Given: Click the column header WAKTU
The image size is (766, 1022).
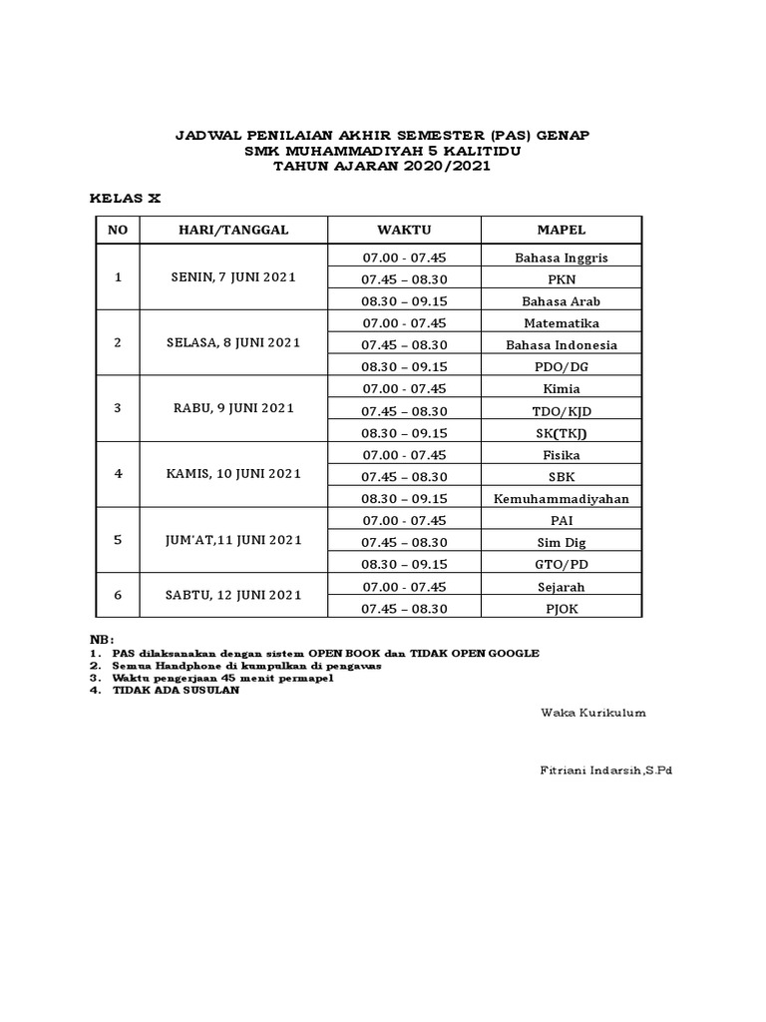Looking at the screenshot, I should point(404,230).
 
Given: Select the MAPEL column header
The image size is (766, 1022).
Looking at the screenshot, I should point(561,230).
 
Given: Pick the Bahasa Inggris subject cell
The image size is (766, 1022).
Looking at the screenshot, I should point(561,257).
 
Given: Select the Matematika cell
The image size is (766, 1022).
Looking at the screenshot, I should point(561,323).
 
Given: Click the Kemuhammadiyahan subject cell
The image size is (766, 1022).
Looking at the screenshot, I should point(561,499).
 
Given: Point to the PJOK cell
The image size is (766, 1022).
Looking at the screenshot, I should point(561,609).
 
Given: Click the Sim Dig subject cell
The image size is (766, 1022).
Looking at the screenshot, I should point(561,543).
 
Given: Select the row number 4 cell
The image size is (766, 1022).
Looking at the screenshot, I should point(118,475).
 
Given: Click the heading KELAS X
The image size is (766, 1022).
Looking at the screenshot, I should point(125,199).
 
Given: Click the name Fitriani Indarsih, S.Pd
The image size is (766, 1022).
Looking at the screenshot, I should point(606,770).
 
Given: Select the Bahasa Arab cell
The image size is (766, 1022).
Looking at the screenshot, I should point(561,301).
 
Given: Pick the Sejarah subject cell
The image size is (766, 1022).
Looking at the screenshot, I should point(561,587).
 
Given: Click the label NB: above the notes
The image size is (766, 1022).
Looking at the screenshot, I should point(102,639).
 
